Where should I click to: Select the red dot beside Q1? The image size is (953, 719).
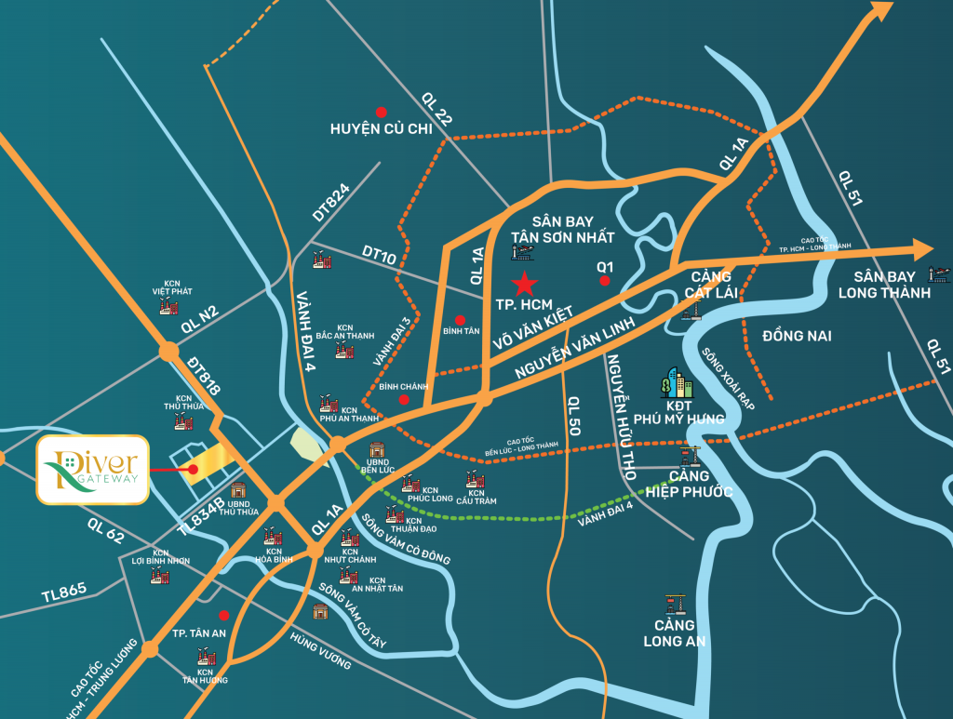click(x=605, y=281)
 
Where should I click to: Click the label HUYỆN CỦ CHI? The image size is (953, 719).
click(x=382, y=129)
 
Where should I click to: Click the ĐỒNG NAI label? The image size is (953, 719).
click(x=796, y=335)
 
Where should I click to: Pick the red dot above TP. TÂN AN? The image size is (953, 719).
click(x=223, y=616)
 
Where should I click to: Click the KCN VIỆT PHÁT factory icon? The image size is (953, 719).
click(x=168, y=306)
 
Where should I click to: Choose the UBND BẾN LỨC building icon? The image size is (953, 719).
click(x=377, y=450)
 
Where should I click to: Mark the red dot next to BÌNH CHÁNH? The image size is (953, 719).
click(x=403, y=400)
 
